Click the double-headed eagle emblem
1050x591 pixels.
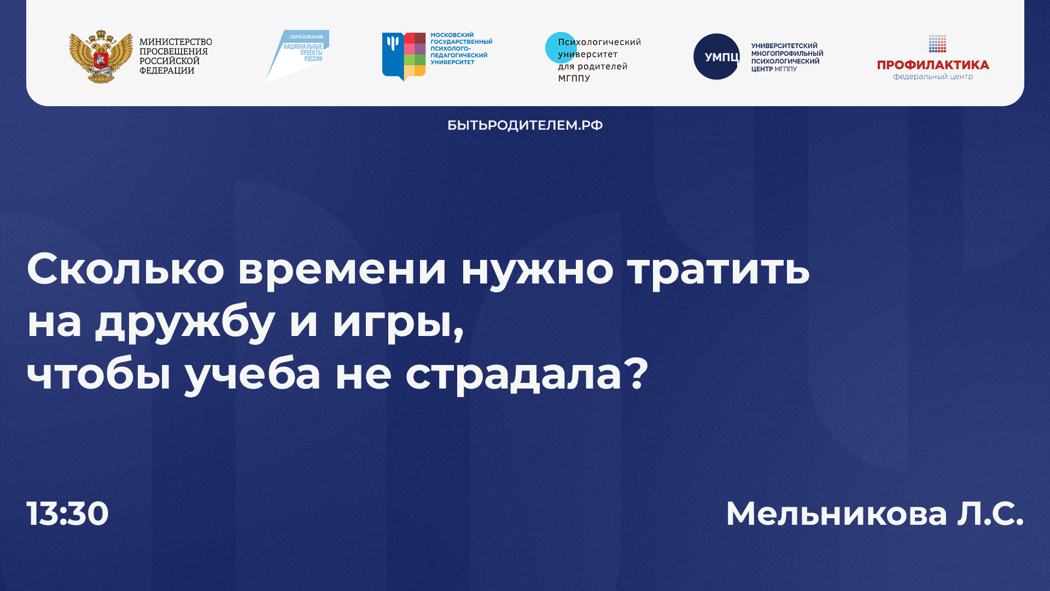pos(101,57)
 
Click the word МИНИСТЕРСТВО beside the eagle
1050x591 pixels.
pos(176,42)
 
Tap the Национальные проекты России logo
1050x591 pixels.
pos(298,55)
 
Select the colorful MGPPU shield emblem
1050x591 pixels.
pos(404,56)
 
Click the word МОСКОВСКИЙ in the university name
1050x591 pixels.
pos(452,35)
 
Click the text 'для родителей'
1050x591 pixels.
pos(592,67)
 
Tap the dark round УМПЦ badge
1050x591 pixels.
pos(716,57)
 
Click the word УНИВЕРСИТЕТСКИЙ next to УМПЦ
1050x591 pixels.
pos(784,46)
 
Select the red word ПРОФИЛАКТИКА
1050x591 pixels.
pos(933,65)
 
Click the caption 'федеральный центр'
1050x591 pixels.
pos(933,77)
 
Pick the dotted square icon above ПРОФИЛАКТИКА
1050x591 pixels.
pos(937,43)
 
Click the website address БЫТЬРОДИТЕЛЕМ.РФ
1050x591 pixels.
pos(525,125)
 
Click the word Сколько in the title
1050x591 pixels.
pos(125,269)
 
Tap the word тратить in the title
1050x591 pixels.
pos(718,269)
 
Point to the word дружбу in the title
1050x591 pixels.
pos(185,322)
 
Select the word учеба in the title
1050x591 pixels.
pos(253,375)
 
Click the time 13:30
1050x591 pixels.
pos(68,514)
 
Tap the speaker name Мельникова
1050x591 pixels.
pos(836,514)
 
